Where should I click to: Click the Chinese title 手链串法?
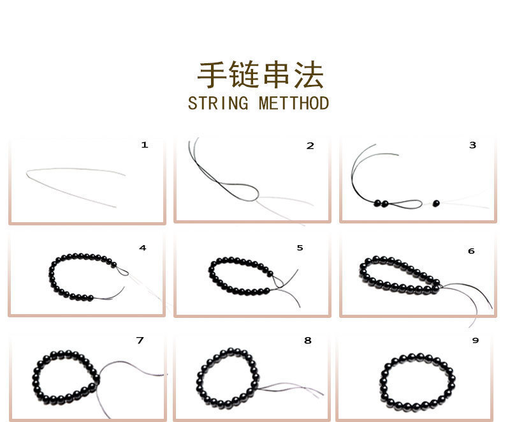point(260,75)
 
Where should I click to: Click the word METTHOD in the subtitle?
point(294,103)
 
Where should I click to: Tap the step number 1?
point(145,145)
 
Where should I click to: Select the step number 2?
point(310,146)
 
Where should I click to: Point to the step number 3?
point(472,145)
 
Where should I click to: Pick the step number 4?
point(143,248)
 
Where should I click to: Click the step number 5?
point(300,248)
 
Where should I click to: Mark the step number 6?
point(471,251)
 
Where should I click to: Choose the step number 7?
point(140,340)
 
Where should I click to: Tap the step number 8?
point(308,340)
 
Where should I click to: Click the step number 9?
point(475,340)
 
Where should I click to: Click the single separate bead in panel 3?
point(436,203)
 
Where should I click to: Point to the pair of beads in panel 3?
point(381,204)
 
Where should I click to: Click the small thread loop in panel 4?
point(122,272)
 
